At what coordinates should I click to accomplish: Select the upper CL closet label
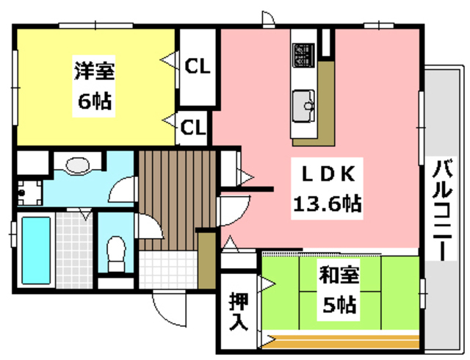pos(196,67)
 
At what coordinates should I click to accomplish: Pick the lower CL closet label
pos(194,128)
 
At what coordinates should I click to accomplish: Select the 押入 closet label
pos(237,312)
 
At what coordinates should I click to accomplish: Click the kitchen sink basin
pos(304,103)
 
